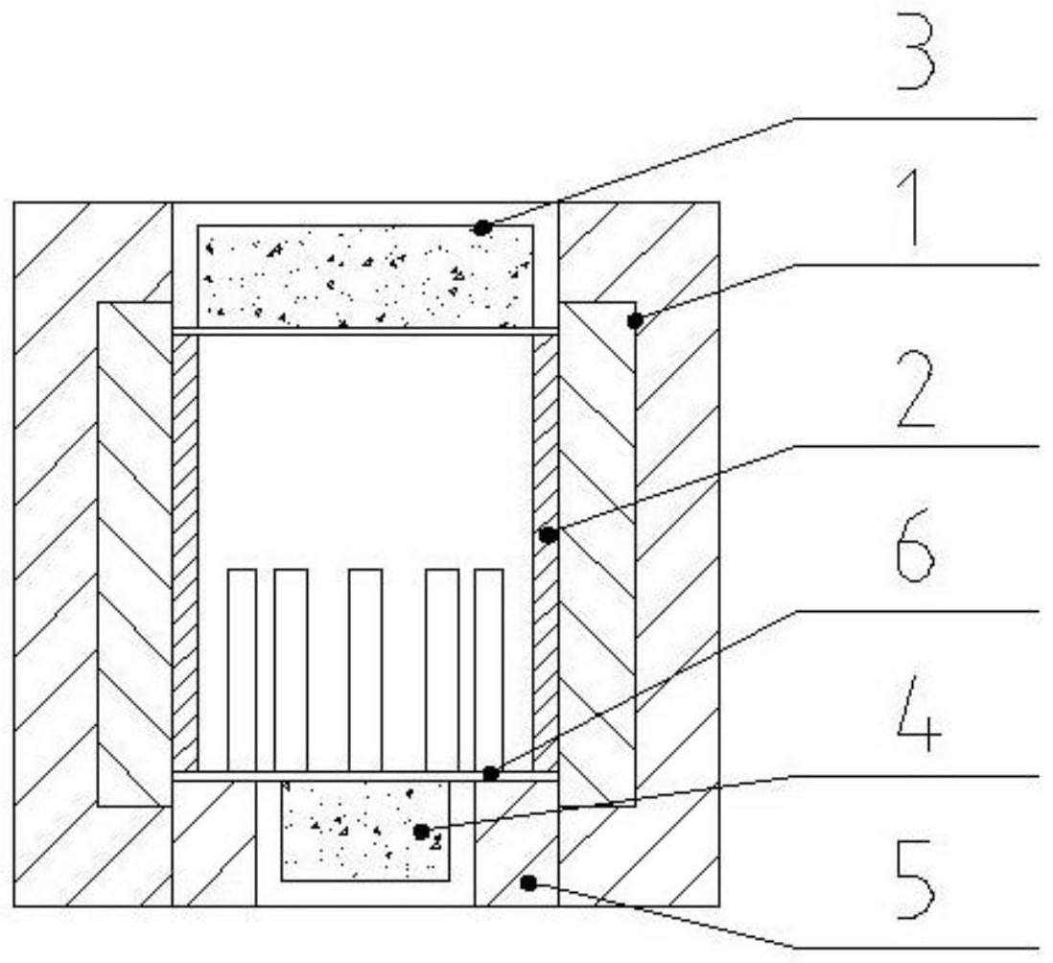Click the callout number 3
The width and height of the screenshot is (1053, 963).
[x=915, y=65]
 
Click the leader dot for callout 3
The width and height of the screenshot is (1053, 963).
[x=480, y=228]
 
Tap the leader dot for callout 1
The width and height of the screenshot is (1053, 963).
[x=635, y=321]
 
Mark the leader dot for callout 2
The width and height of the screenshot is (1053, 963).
[x=548, y=535]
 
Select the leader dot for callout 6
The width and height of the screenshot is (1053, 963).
[x=491, y=774]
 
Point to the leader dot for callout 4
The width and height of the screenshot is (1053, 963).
[x=421, y=832]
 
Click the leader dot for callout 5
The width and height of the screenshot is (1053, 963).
[x=528, y=883]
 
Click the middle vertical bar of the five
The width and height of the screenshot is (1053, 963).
[x=366, y=670]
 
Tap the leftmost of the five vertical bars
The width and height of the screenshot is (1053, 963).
[x=242, y=670]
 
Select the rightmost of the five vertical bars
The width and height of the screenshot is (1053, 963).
[x=489, y=670]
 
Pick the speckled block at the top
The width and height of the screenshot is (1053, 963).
[x=366, y=276]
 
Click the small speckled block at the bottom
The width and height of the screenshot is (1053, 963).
[x=365, y=832]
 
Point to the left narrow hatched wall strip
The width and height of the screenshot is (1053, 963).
[x=185, y=553]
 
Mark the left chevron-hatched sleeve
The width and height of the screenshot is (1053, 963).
[x=135, y=554]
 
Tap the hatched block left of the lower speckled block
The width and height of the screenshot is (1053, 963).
[x=214, y=844]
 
